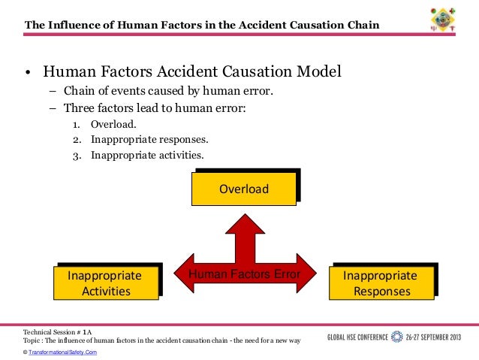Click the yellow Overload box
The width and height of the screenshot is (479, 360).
point(244,189)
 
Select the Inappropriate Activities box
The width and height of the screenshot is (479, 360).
point(105,283)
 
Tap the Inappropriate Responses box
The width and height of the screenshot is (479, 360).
point(380,283)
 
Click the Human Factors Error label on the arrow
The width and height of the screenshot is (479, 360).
point(244,275)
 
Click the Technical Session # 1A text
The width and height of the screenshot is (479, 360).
point(58,331)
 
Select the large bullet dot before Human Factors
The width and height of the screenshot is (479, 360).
point(26,74)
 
